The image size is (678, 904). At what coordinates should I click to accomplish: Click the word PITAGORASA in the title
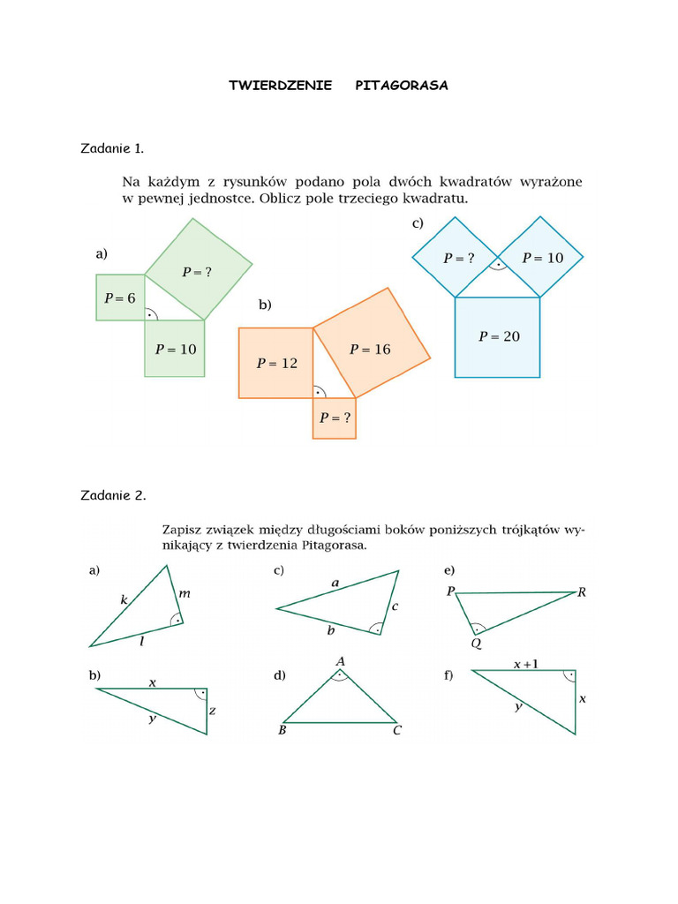coord(402,86)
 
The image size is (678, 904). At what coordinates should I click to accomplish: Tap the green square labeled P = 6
coord(120,298)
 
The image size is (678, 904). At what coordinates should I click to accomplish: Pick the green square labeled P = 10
coord(175,349)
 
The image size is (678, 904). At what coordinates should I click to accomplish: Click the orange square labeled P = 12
coord(275,363)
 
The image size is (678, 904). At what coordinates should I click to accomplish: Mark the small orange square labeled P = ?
coord(335,418)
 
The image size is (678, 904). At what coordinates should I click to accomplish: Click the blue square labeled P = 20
coord(497,336)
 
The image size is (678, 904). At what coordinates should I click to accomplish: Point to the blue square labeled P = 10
coord(542,258)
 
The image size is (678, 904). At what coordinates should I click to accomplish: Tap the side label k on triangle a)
coord(124,600)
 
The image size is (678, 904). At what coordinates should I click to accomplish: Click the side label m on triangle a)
coord(184,594)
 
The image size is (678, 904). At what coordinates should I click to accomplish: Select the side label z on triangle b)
coord(213,710)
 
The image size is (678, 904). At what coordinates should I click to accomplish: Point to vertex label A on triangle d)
coord(340,661)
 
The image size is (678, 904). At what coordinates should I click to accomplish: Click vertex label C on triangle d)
coord(397,731)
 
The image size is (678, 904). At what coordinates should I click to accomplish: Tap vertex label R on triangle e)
coord(582,592)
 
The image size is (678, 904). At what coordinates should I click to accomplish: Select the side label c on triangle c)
coord(395,606)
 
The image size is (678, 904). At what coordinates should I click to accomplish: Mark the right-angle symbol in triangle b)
coord(200,695)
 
